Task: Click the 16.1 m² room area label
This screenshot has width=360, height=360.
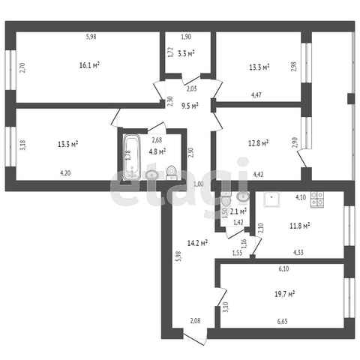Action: pyautogui.click(x=89, y=65)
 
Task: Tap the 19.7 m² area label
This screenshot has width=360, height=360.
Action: pyautogui.click(x=284, y=294)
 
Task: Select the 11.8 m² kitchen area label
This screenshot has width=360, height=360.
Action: pyautogui.click(x=300, y=226)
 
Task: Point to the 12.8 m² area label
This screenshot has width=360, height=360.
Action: pyautogui.click(x=258, y=143)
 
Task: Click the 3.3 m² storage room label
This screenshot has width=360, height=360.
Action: pyautogui.click(x=186, y=54)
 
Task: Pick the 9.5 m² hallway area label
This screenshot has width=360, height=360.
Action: pyautogui.click(x=190, y=106)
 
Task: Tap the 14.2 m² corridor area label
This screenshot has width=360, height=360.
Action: pyautogui.click(x=197, y=243)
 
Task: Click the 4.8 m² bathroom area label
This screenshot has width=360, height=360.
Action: pyautogui.click(x=157, y=151)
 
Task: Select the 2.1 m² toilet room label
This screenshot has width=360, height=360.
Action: pyautogui.click(x=238, y=212)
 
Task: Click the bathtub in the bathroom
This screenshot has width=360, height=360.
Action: pyautogui.click(x=131, y=157)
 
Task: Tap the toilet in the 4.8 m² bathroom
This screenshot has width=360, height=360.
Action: pyautogui.click(x=172, y=172)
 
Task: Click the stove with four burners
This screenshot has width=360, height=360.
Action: pyautogui.click(x=317, y=199)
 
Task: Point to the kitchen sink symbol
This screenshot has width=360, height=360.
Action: pyautogui.click(x=271, y=199)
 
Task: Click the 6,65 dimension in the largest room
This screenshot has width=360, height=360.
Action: pyautogui.click(x=282, y=321)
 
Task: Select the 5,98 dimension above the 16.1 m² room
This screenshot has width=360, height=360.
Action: pyautogui.click(x=91, y=37)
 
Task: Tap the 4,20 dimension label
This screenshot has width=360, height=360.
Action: pyautogui.click(x=65, y=173)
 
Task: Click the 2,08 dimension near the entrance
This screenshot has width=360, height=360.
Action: pyautogui.click(x=195, y=321)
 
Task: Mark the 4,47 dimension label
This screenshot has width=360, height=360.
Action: pyautogui.click(x=256, y=94)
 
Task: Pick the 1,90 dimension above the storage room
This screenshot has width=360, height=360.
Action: pyautogui.click(x=186, y=37)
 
